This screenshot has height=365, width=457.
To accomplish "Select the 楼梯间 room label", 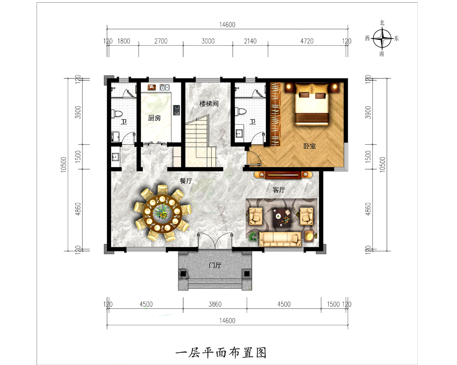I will pyautogui.click(x=208, y=104).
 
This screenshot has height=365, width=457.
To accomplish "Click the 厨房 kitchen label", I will pyautogui.click(x=154, y=118).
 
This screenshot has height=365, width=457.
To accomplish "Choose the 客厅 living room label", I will pyautogui.click(x=279, y=190).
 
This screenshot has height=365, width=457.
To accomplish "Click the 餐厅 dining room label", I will pyautogui.click(x=186, y=181).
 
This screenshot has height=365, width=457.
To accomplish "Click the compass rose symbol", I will pyautogui.click(x=382, y=38).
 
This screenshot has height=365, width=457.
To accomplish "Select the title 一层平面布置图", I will pyautogui.click(x=221, y=352).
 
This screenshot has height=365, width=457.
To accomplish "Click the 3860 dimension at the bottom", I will pyautogui.click(x=215, y=305).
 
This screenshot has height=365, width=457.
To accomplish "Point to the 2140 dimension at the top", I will pyautogui.click(x=250, y=41).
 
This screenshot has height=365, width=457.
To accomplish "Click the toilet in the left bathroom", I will pyautogui.click(x=117, y=113).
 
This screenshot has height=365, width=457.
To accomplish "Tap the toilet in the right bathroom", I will pyautogui.click(x=240, y=111).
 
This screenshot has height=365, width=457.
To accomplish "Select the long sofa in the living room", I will pyautogui.click(x=280, y=238).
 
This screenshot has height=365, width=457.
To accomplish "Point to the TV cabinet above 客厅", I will pyautogui.click(x=283, y=174).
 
